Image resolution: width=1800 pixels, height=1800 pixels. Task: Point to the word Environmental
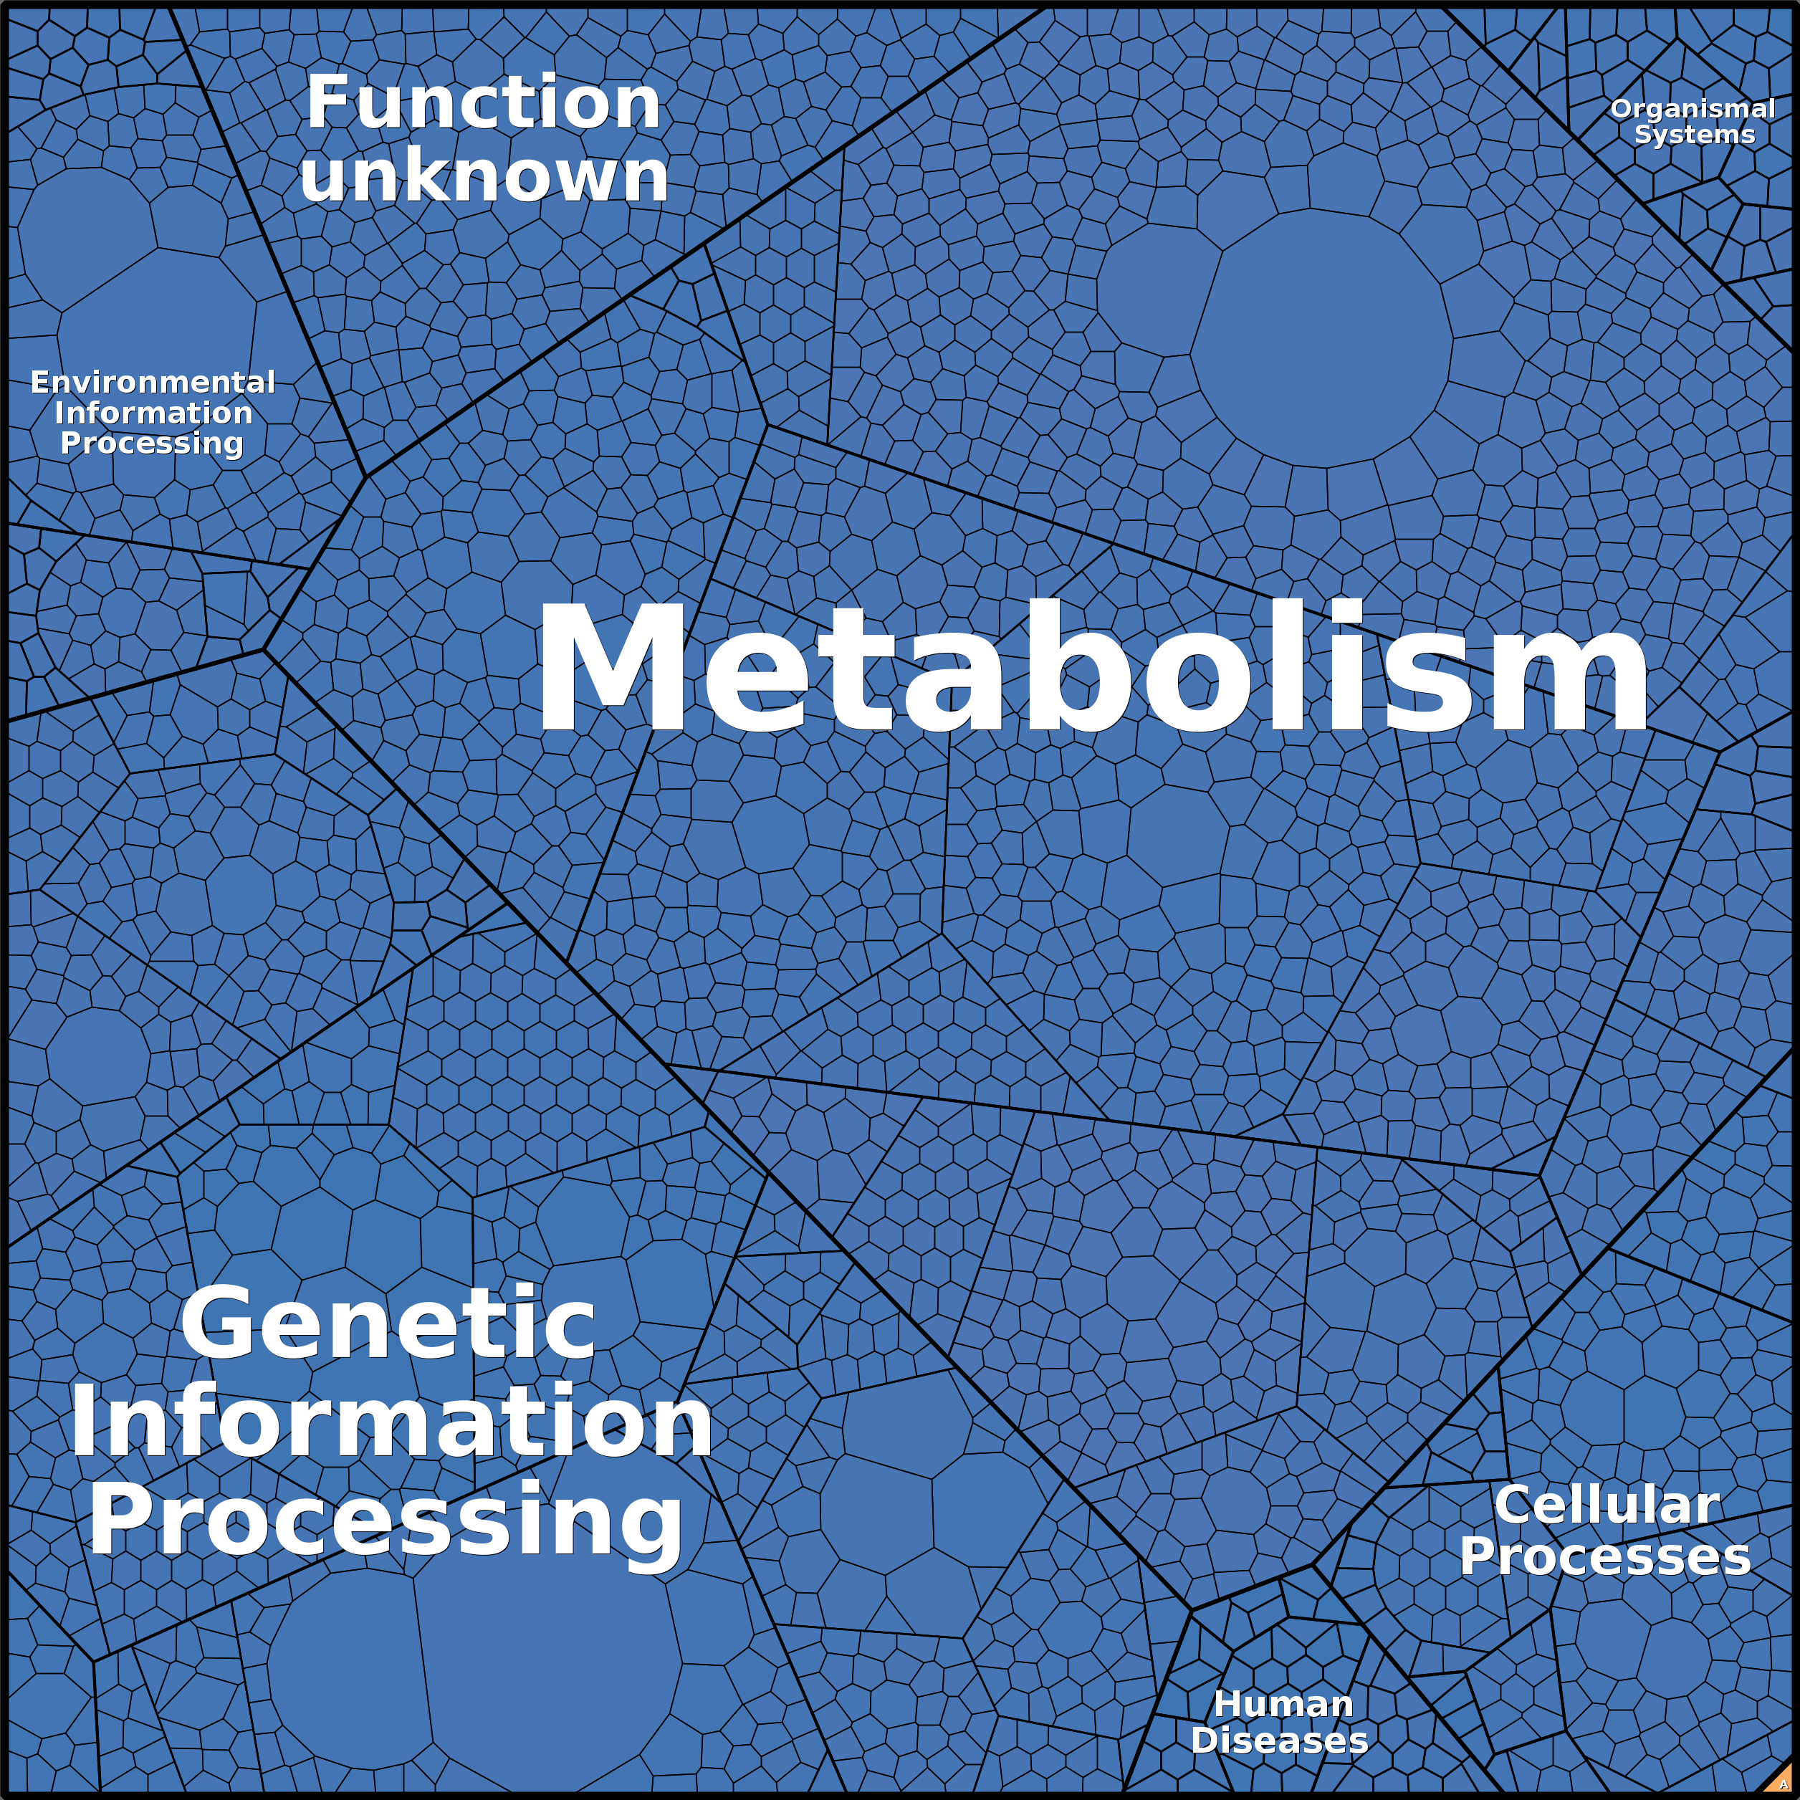point(153,382)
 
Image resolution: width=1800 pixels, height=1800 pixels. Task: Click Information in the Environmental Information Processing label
point(153,413)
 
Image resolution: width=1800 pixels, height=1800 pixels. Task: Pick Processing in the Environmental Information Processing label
point(152,444)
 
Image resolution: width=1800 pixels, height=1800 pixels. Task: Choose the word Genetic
point(388,1323)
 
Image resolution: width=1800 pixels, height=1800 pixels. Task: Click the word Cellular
point(1607,1505)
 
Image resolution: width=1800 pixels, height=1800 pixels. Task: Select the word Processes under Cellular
point(1604,1557)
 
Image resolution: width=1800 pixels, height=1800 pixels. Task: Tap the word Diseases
point(1279,1739)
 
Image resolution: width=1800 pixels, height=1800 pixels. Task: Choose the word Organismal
point(1693,109)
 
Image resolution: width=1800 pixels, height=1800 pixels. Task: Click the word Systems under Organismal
point(1695,135)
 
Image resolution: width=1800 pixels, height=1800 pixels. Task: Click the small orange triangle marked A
point(1782,1782)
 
